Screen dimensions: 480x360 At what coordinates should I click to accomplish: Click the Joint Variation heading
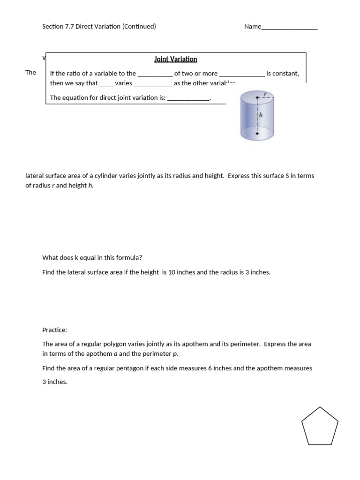(176, 59)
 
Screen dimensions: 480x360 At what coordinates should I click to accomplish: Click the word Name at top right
(252, 27)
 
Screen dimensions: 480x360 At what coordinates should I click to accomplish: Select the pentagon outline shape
(320, 426)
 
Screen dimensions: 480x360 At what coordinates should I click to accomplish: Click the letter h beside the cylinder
(261, 114)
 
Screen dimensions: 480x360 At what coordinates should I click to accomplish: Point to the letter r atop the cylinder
(265, 93)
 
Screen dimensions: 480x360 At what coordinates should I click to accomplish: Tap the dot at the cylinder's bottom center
(257, 134)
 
